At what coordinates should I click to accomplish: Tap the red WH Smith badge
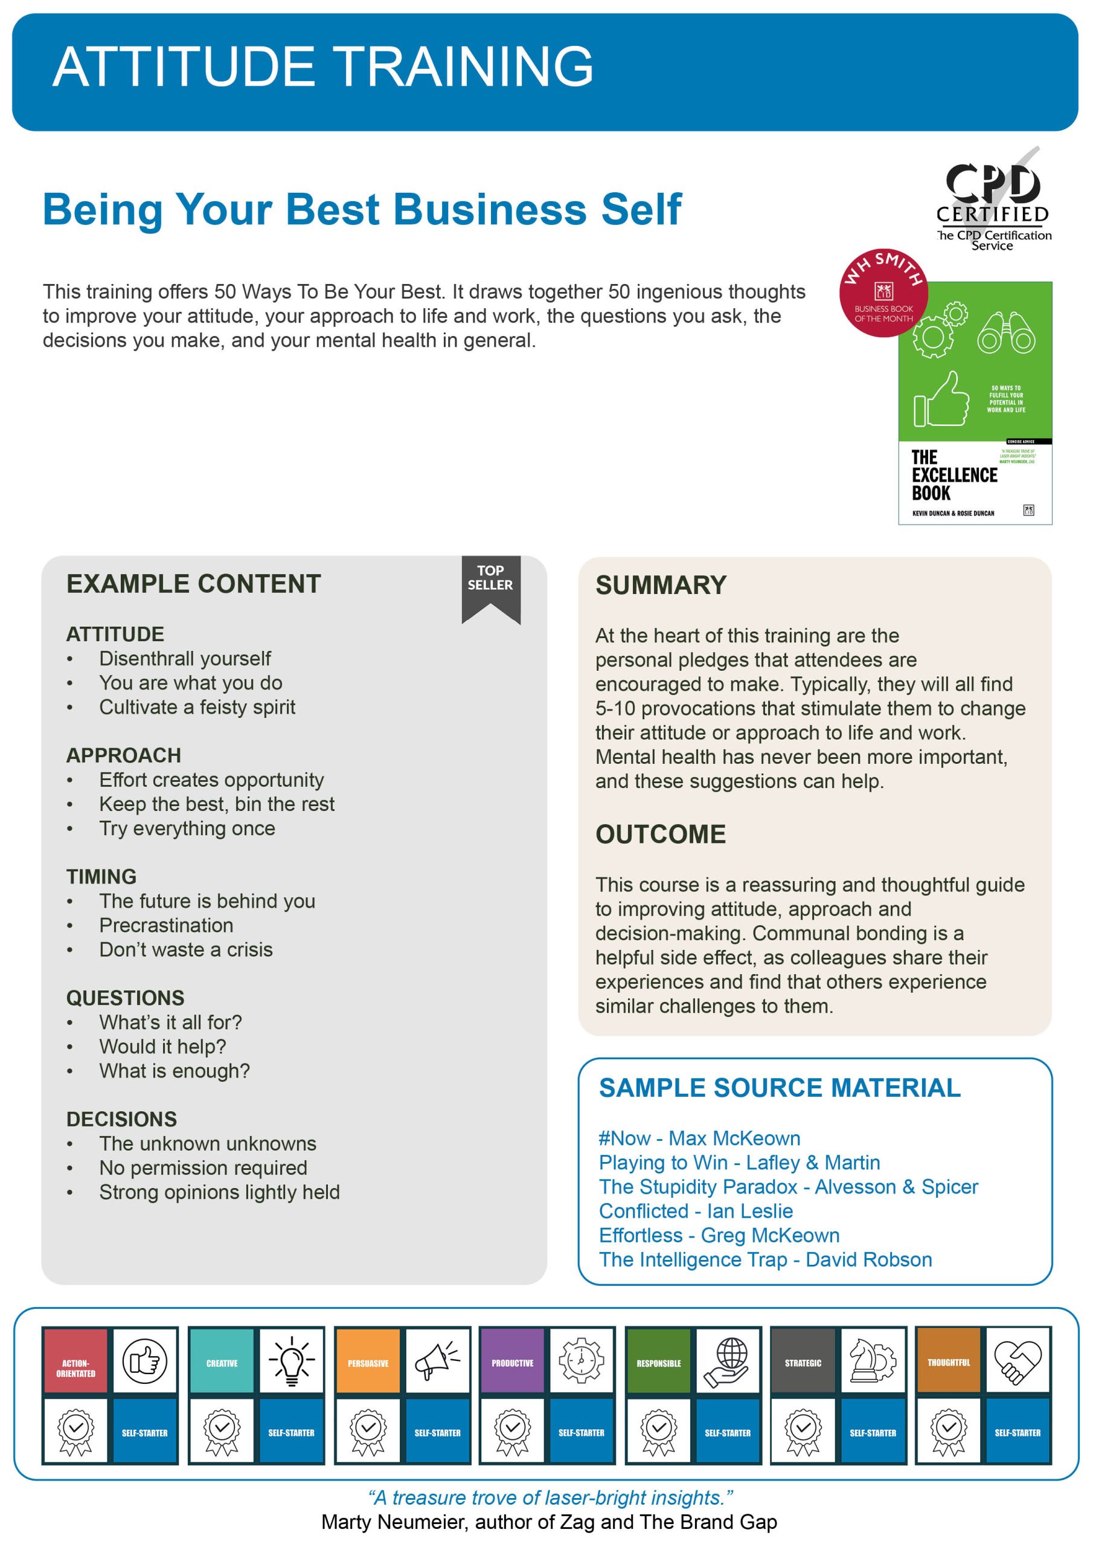883,292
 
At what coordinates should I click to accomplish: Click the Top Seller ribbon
490,586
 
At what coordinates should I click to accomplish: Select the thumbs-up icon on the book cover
941,400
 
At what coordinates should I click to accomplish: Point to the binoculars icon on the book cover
1006,333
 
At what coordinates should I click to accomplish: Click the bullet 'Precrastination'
166,925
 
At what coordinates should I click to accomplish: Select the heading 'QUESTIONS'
125,998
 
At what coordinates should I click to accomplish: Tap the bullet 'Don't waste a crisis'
186,949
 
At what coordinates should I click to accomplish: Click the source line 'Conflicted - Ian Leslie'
696,1211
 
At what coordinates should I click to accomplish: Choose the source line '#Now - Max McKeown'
699,1138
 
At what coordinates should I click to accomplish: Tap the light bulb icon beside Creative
292,1361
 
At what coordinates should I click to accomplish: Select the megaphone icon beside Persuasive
437,1361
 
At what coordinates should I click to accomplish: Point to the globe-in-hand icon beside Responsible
727,1361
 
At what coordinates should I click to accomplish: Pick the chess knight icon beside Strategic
872,1361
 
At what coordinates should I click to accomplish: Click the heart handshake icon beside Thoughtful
1017,1361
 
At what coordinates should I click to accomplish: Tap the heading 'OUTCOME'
661,834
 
